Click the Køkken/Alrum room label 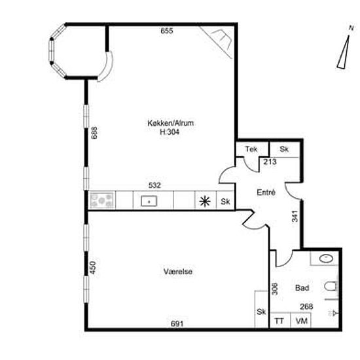click(171, 123)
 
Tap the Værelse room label click(178, 272)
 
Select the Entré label click(266, 192)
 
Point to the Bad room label click(302, 288)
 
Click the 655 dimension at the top click(167, 31)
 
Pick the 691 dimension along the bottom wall click(177, 324)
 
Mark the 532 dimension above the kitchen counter click(154, 185)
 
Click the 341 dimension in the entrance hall click(295, 216)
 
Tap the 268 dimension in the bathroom click(306, 306)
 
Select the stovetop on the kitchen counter click(102, 200)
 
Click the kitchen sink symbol click(149, 201)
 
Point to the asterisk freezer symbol click(205, 202)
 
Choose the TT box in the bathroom click(280, 320)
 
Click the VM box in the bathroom click(301, 320)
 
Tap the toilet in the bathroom click(331, 287)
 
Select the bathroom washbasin click(326, 259)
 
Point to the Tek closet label click(251, 149)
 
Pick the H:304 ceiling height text click(170, 132)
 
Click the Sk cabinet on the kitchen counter click(225, 202)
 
